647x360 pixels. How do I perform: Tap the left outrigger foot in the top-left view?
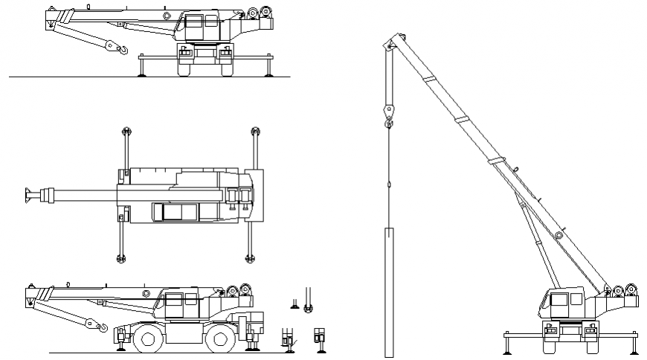point(141,73)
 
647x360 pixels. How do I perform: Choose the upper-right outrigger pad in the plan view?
point(255,132)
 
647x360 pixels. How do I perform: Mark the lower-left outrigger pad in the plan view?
point(121,258)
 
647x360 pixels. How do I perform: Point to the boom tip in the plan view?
point(28,195)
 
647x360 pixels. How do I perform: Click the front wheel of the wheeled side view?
point(147,341)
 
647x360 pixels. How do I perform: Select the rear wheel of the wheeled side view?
point(219,341)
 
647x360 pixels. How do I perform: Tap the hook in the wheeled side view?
point(103,327)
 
